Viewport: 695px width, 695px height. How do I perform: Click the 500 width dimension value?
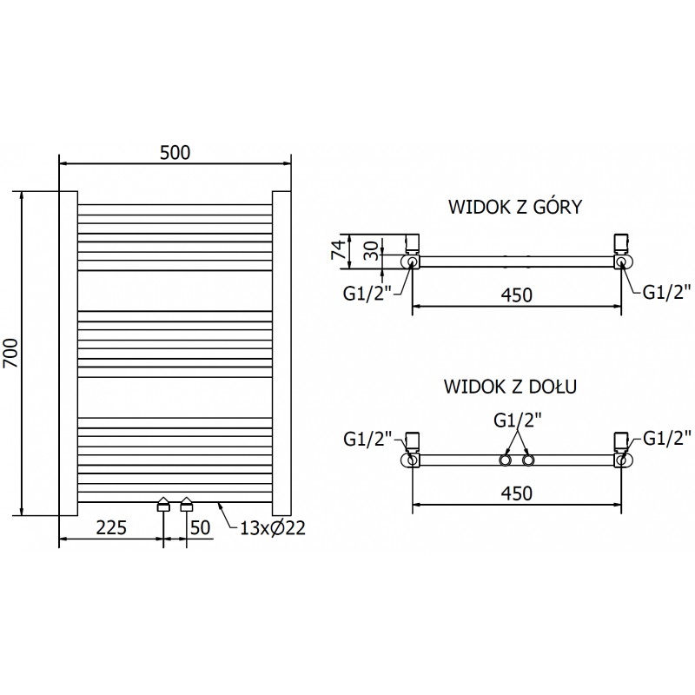tap(175, 151)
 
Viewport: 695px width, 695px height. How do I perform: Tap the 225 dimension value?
tap(111, 527)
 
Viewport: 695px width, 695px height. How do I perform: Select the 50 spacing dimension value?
tap(200, 527)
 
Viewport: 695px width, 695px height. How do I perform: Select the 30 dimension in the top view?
tap(369, 251)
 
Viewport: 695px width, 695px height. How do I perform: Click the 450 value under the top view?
tap(517, 295)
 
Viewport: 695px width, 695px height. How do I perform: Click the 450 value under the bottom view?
tap(517, 493)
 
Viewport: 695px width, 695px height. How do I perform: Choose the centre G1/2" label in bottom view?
tap(517, 420)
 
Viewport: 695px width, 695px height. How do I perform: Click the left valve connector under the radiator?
tap(163, 506)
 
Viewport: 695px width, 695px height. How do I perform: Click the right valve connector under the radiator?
tap(187, 506)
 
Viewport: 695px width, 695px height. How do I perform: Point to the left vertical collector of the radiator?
tap(69, 352)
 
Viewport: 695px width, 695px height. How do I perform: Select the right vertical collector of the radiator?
tap(281, 352)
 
